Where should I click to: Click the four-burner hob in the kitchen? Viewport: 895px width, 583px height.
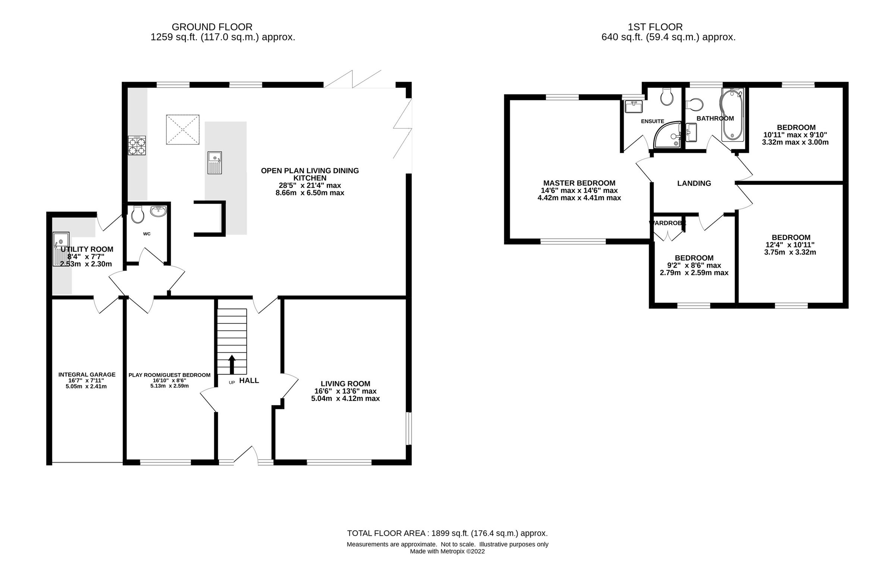pos(137,146)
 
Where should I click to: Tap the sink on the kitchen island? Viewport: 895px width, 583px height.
pos(215,163)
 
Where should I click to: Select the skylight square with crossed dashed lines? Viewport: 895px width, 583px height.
pos(183,130)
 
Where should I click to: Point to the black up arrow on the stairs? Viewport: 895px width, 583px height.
pos(232,364)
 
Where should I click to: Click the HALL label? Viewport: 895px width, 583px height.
pos(249,380)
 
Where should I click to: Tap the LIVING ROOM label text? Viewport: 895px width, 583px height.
pos(345,384)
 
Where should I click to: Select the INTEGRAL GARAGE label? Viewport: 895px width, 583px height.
pos(87,374)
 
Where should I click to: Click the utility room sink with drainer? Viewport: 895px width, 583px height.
pos(61,249)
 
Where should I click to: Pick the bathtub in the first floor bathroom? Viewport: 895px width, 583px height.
pos(732,115)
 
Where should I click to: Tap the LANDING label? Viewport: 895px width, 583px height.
pos(694,183)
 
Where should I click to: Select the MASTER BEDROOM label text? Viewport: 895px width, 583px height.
pos(579,183)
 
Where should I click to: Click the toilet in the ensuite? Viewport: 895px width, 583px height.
pos(667,97)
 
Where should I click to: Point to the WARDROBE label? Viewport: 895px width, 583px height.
pos(668,223)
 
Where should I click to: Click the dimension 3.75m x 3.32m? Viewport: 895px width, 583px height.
pos(790,253)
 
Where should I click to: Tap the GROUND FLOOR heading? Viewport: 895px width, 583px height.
pos(212,27)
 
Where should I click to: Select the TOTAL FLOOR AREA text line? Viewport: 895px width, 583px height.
pos(447,533)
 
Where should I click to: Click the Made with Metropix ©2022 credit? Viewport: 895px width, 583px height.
pos(447,551)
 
